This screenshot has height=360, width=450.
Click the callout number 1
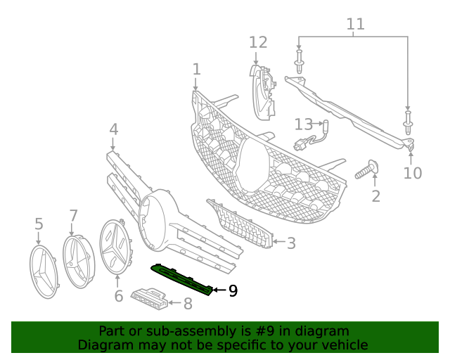[x=196, y=69]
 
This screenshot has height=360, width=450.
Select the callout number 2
[x=375, y=196]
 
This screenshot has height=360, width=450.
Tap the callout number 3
[x=290, y=243]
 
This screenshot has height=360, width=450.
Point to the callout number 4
[x=113, y=129]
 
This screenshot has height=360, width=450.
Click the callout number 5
[x=39, y=224]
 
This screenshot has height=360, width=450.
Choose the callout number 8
[x=187, y=304]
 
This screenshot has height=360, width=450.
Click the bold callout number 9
[x=233, y=290]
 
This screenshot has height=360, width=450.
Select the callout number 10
[x=413, y=172]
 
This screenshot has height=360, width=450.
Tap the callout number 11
[x=356, y=25]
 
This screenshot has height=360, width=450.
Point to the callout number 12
[x=258, y=42]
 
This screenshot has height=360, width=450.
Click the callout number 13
[x=303, y=124]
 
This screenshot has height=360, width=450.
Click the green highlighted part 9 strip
[x=183, y=279]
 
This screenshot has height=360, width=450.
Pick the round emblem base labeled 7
[x=78, y=262]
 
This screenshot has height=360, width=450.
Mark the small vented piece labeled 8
[x=149, y=298]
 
